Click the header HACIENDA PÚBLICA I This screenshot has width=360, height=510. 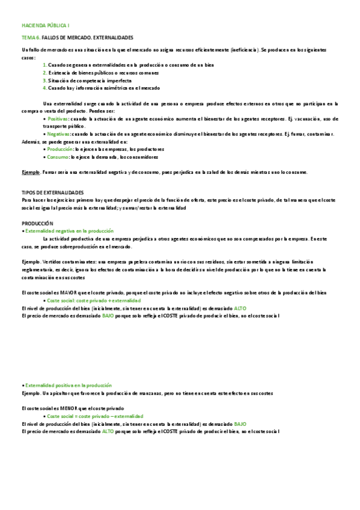45,26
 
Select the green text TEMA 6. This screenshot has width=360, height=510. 31,37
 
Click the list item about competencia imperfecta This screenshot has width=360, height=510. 90,80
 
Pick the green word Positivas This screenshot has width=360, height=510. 58,118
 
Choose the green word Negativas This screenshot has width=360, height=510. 58,134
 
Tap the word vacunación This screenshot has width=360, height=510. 294,118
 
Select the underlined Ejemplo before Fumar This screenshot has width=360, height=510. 30,172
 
